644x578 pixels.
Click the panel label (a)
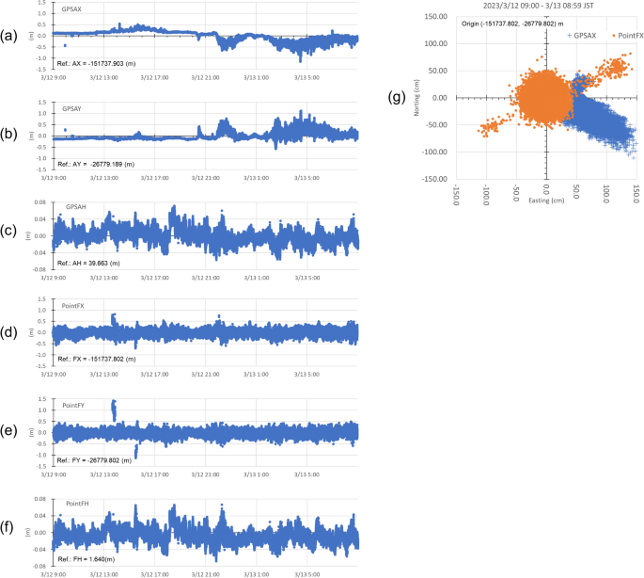pos(9,37)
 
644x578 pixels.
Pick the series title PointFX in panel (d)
pos(75,307)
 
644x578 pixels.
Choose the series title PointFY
pos(75,404)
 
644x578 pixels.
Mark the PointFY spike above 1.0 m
pos(114,409)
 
